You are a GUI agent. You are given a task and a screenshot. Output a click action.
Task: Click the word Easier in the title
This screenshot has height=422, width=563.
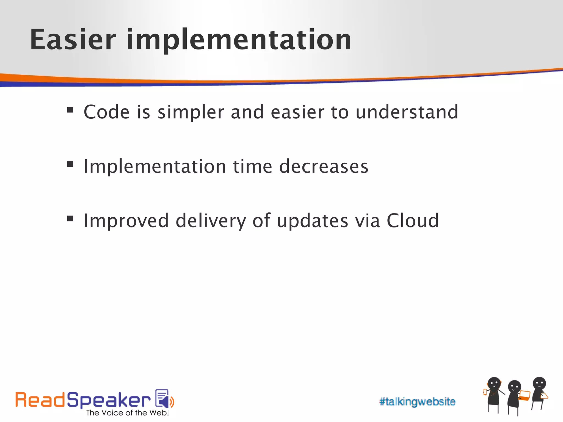(73, 40)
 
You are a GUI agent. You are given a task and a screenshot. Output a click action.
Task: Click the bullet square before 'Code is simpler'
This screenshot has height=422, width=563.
(70, 110)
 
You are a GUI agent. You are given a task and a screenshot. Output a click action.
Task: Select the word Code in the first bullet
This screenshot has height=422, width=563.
(106, 112)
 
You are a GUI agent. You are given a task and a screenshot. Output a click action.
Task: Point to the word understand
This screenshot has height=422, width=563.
(407, 112)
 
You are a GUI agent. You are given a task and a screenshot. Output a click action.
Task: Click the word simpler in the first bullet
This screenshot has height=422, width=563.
(191, 113)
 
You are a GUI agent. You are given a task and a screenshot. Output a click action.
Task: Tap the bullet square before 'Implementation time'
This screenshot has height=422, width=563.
(70, 164)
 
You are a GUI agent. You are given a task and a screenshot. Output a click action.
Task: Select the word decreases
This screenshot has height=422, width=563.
(324, 166)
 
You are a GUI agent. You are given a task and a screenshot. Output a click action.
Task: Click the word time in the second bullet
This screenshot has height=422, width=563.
(253, 166)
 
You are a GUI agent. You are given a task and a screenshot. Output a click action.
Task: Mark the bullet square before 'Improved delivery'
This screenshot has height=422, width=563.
(70, 219)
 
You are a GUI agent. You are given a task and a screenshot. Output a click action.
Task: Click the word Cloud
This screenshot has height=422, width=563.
(413, 221)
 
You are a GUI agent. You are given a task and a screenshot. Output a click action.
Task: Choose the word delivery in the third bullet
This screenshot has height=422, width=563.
(211, 221)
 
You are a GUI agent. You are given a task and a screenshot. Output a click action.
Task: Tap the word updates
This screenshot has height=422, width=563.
(312, 221)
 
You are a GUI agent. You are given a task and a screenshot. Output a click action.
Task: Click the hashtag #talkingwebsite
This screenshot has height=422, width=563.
(417, 402)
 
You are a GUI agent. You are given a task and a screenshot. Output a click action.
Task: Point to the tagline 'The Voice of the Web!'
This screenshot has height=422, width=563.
(127, 413)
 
